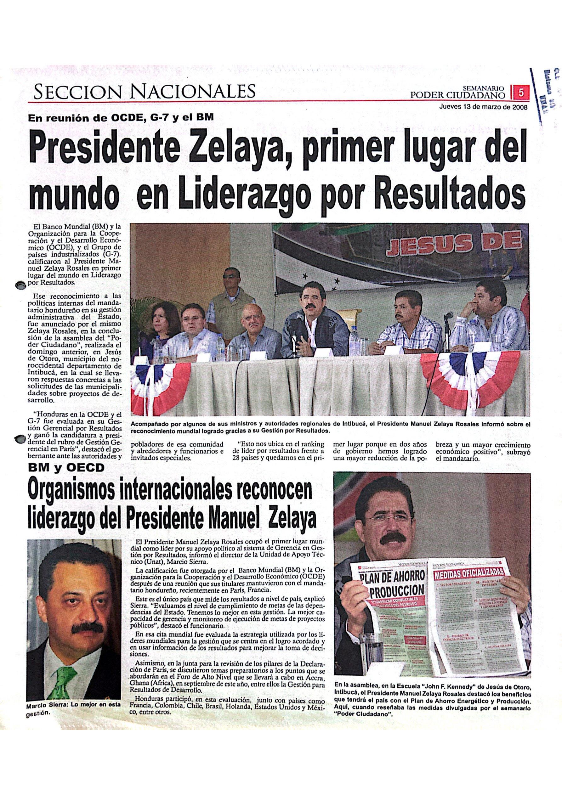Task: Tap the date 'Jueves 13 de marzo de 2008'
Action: (483, 107)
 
